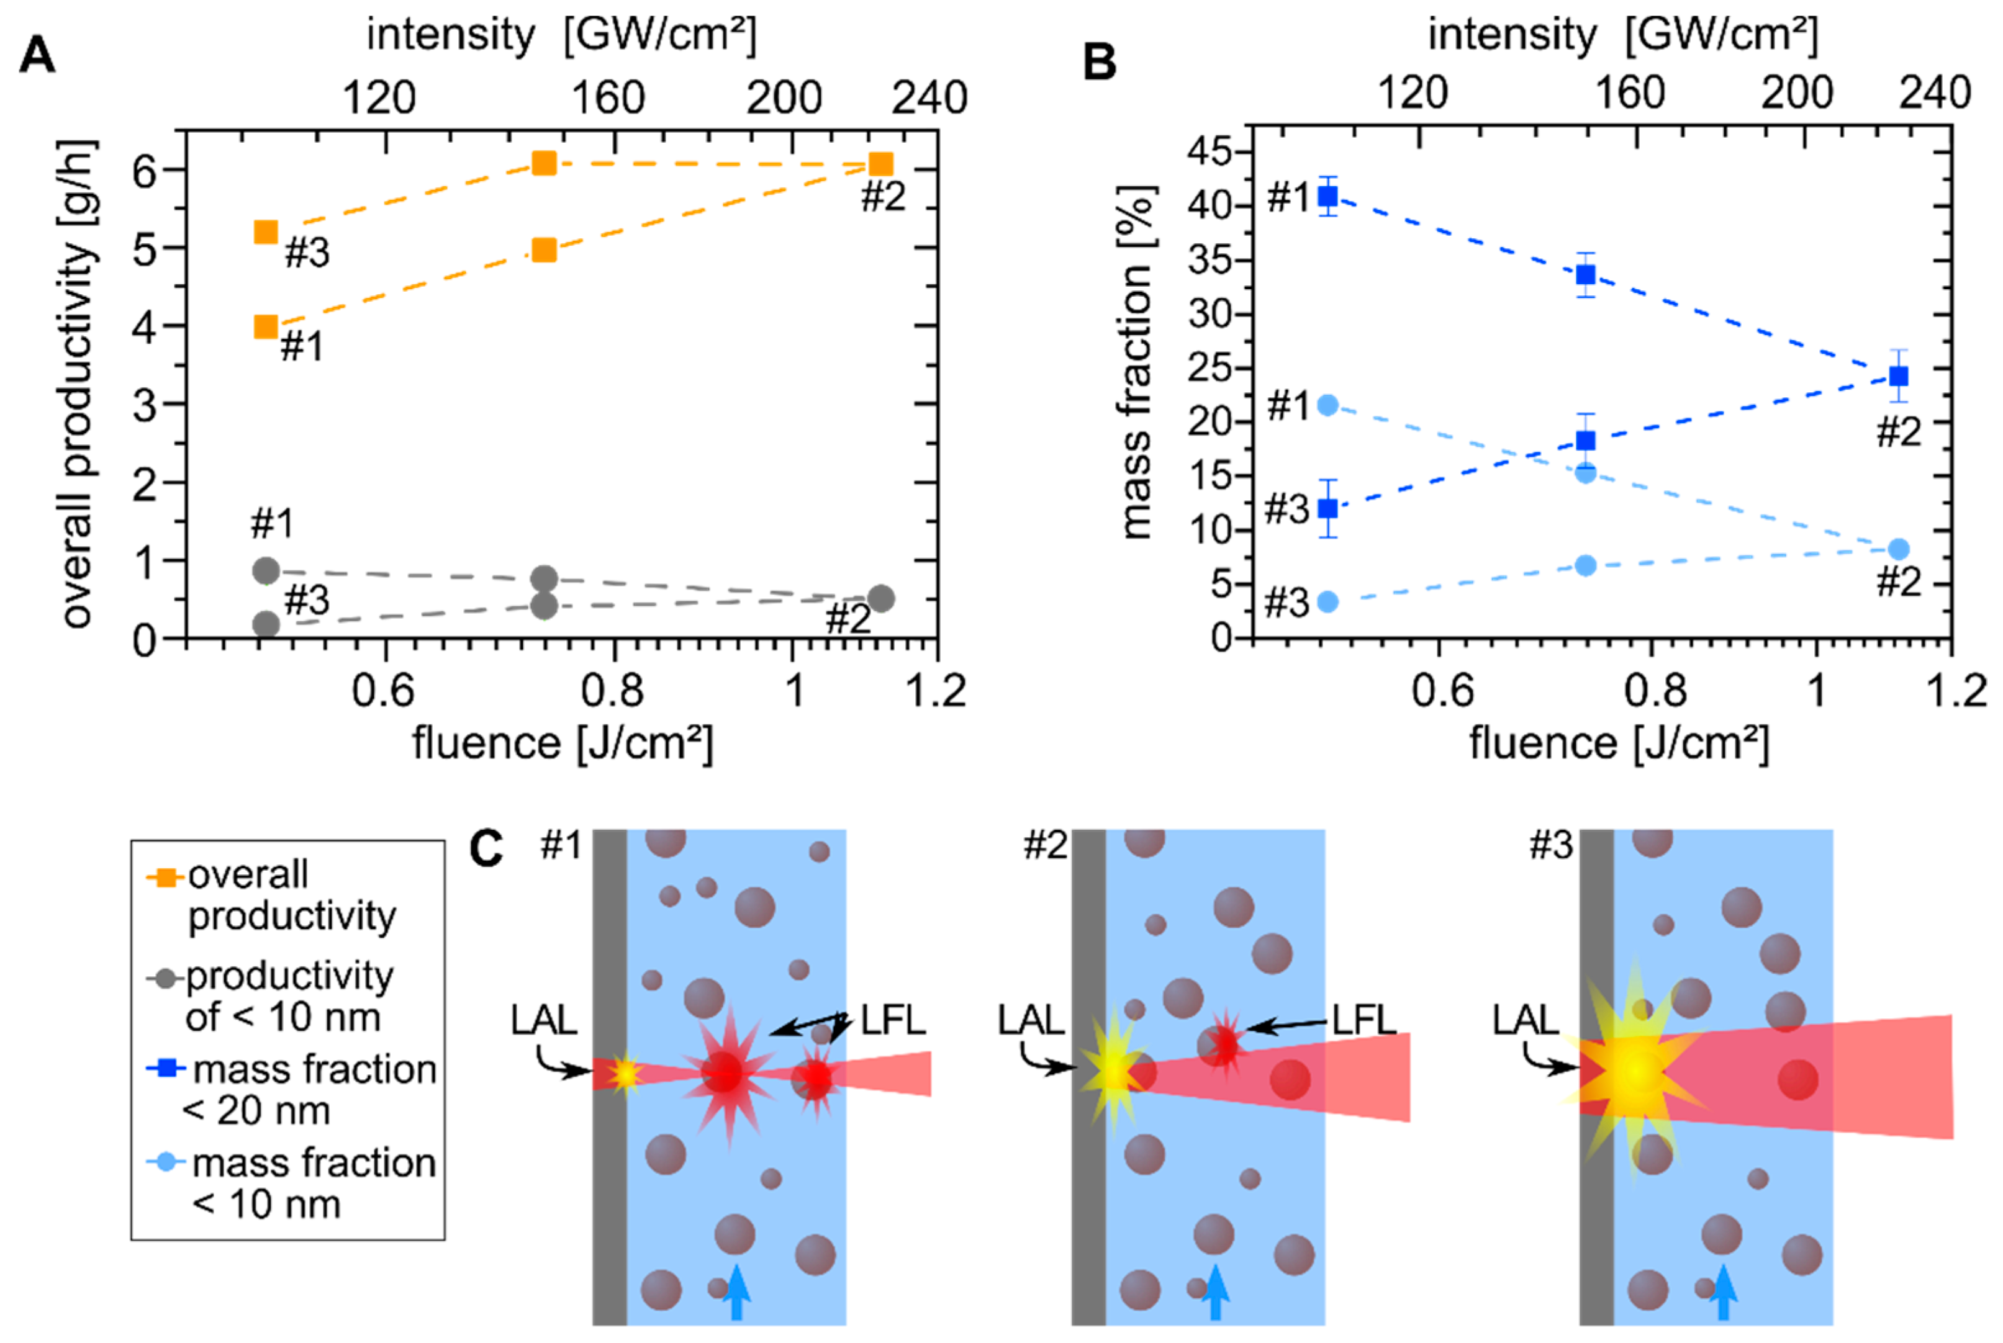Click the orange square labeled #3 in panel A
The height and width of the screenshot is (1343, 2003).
(266, 232)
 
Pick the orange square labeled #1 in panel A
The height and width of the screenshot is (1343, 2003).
(266, 326)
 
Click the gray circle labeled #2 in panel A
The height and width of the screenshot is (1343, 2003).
(880, 598)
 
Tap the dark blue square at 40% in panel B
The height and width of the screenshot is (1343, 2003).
(1327, 197)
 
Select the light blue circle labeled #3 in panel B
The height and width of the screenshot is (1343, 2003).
(1327, 601)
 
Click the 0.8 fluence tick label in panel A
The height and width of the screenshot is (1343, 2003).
(612, 689)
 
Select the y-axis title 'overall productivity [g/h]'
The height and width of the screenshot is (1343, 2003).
(79, 384)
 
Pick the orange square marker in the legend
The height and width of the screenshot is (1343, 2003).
(165, 877)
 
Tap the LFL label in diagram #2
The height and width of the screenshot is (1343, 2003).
(1365, 1019)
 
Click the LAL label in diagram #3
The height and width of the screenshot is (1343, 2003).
(1525, 1019)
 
